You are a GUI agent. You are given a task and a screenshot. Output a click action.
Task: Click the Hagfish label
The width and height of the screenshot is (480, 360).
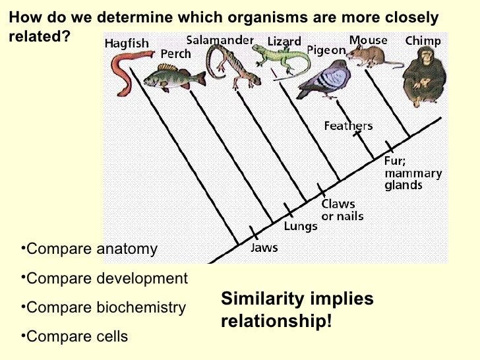pyautogui.click(x=127, y=44)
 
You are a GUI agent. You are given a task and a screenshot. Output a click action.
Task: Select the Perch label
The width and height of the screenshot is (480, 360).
pyautogui.click(x=176, y=53)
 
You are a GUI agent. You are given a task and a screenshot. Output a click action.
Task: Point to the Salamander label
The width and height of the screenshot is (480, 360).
pyautogui.click(x=220, y=40)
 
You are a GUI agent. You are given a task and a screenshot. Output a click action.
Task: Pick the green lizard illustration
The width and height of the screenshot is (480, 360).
pyautogui.click(x=277, y=60)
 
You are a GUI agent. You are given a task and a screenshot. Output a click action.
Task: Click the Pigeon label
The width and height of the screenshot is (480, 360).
pyautogui.click(x=326, y=49)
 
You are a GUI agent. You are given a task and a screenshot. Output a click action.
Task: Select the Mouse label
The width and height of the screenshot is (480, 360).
pyautogui.click(x=368, y=41)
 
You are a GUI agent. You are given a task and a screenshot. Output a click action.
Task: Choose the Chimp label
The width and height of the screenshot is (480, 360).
pyautogui.click(x=423, y=41)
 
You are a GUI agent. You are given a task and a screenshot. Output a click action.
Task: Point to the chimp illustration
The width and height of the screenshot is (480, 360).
pyautogui.click(x=423, y=76)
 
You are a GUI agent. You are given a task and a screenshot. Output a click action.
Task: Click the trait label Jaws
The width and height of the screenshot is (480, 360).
pyautogui.click(x=264, y=248)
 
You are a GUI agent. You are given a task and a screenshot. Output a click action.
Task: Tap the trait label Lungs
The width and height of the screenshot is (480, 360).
pyautogui.click(x=301, y=226)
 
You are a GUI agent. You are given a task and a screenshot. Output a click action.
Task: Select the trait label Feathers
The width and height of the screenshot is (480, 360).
pyautogui.click(x=348, y=125)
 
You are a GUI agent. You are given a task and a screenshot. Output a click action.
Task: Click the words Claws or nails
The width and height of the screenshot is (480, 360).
pyautogui.click(x=342, y=210)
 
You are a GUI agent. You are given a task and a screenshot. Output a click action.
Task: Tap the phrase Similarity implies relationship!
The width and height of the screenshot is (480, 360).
pyautogui.click(x=297, y=310)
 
